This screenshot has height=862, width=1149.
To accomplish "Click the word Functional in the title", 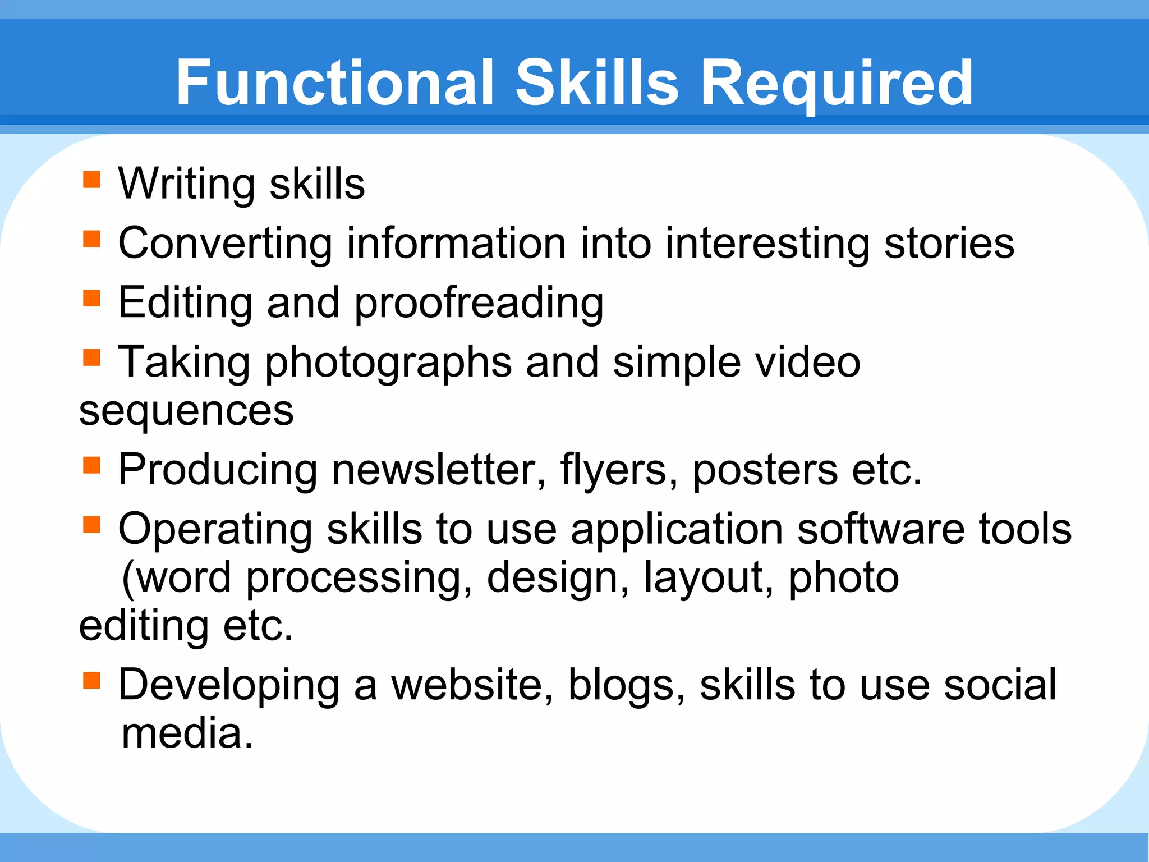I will tap(335, 83).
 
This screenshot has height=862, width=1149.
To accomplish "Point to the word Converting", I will tap(225, 243).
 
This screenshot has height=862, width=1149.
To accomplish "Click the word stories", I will tap(949, 243).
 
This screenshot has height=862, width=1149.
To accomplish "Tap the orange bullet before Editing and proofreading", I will tap(91, 298).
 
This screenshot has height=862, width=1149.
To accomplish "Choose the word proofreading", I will tap(479, 304).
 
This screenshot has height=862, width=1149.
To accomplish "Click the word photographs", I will tap(388, 363).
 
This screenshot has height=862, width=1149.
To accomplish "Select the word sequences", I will tap(186, 411).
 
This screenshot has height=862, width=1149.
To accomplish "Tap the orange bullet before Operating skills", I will tap(91, 525).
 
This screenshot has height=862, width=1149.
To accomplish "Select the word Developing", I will tap(229, 686).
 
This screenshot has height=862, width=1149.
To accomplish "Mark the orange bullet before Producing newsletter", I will tap(91, 465).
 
